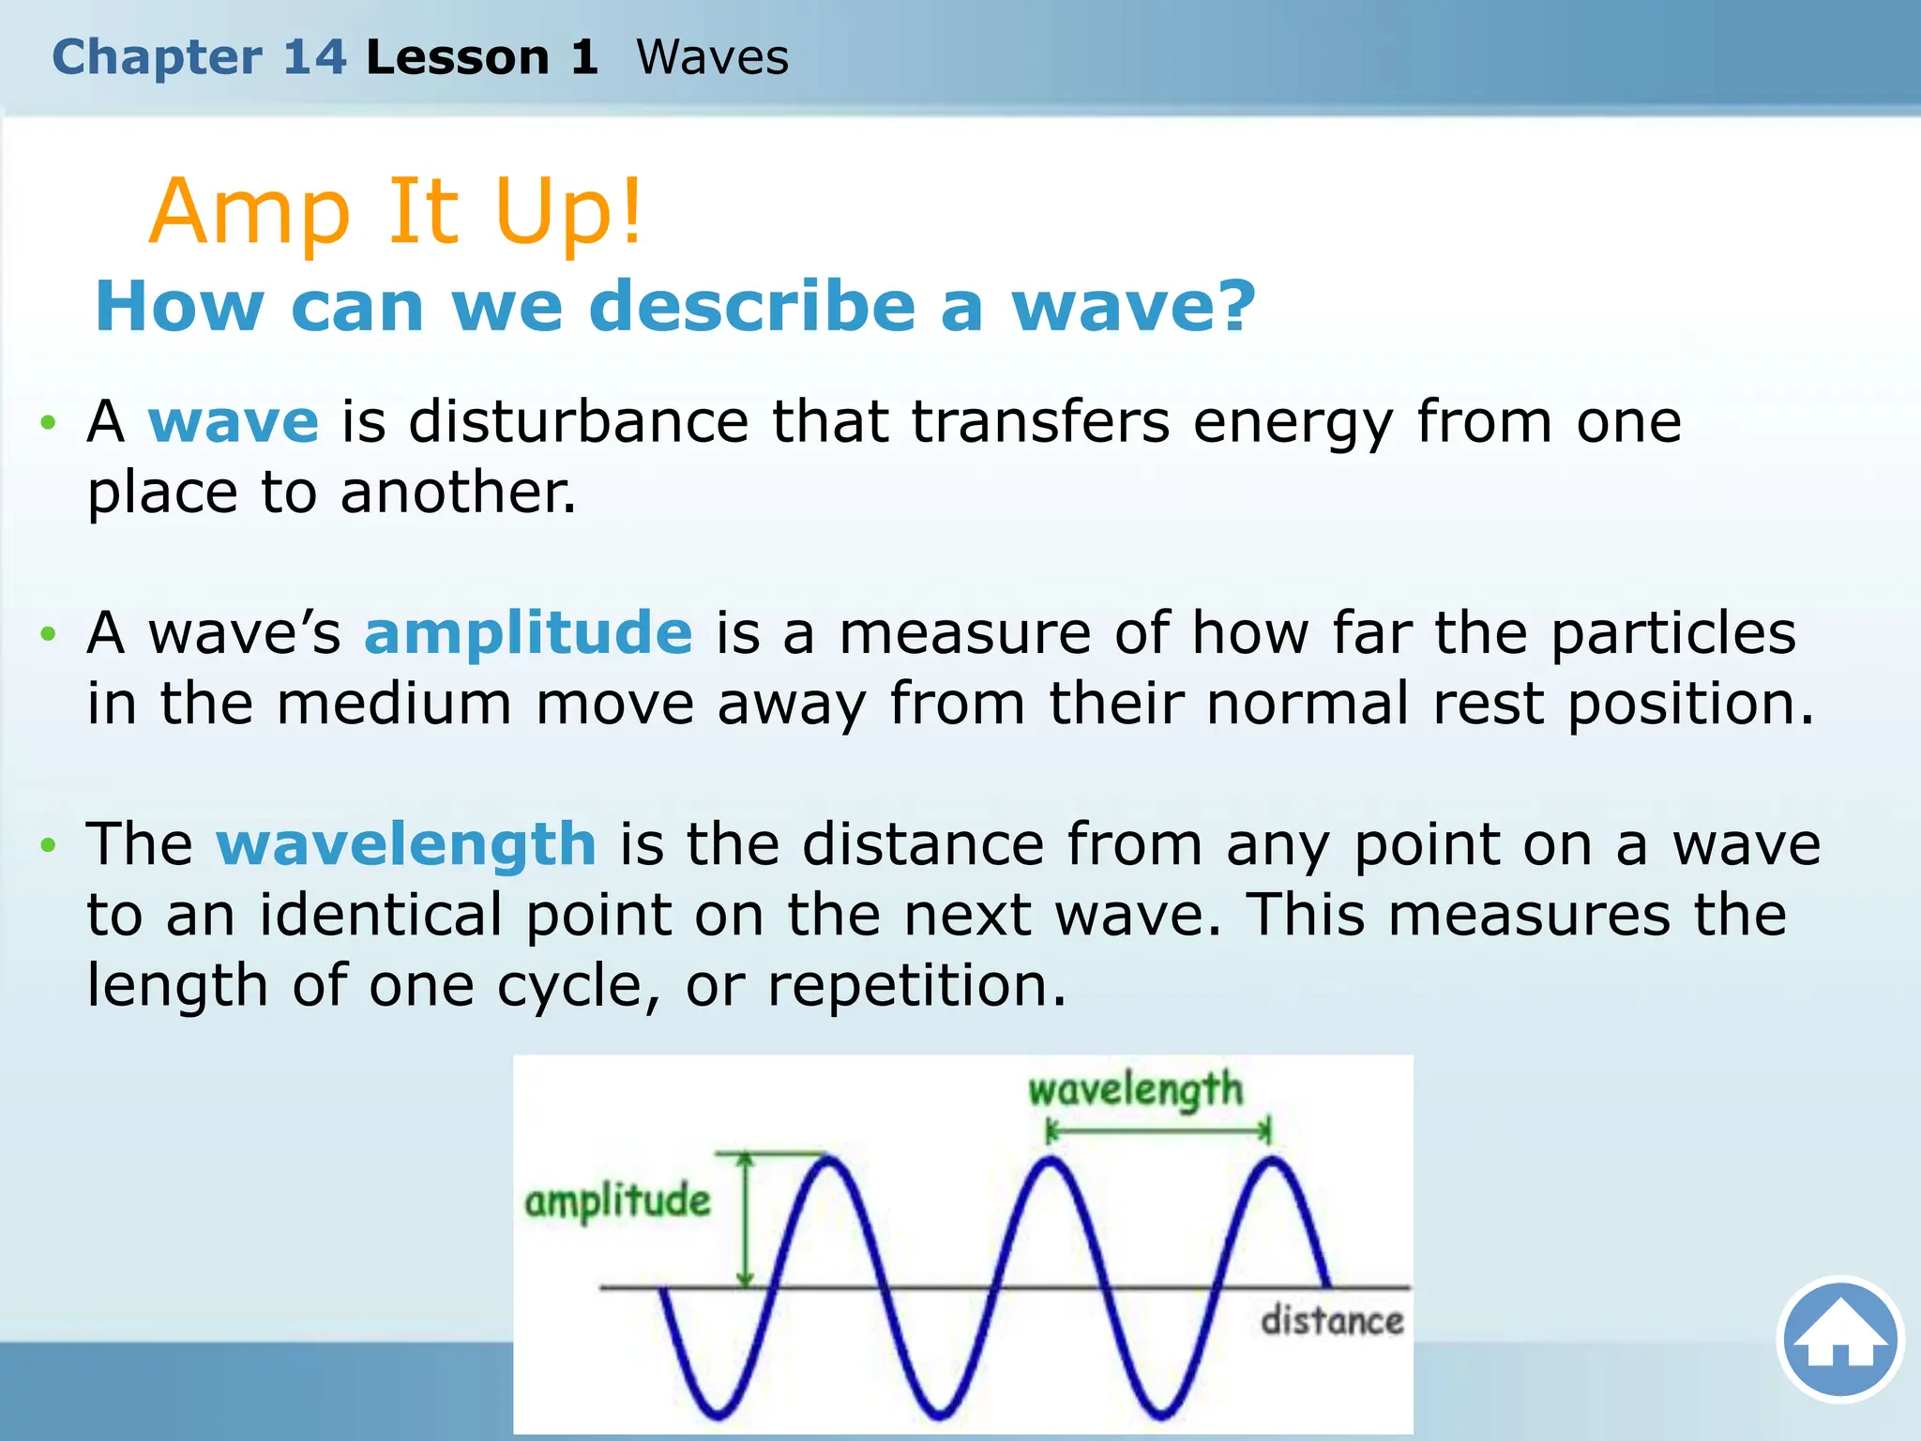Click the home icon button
point(1840,1339)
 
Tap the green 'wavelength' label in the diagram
point(1135,1091)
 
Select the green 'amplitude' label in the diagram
point(617,1202)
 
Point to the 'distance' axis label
point(1332,1321)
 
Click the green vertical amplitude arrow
point(746,1220)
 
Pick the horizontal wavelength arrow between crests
point(1158,1132)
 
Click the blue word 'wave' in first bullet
point(234,421)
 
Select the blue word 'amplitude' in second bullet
point(528,632)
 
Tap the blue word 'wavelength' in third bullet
point(406,843)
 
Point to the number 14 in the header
point(315,57)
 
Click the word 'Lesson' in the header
point(458,57)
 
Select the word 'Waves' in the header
point(712,57)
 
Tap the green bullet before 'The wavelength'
point(48,846)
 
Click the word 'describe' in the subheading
point(751,307)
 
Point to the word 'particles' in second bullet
point(1672,632)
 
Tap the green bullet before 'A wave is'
point(48,423)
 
